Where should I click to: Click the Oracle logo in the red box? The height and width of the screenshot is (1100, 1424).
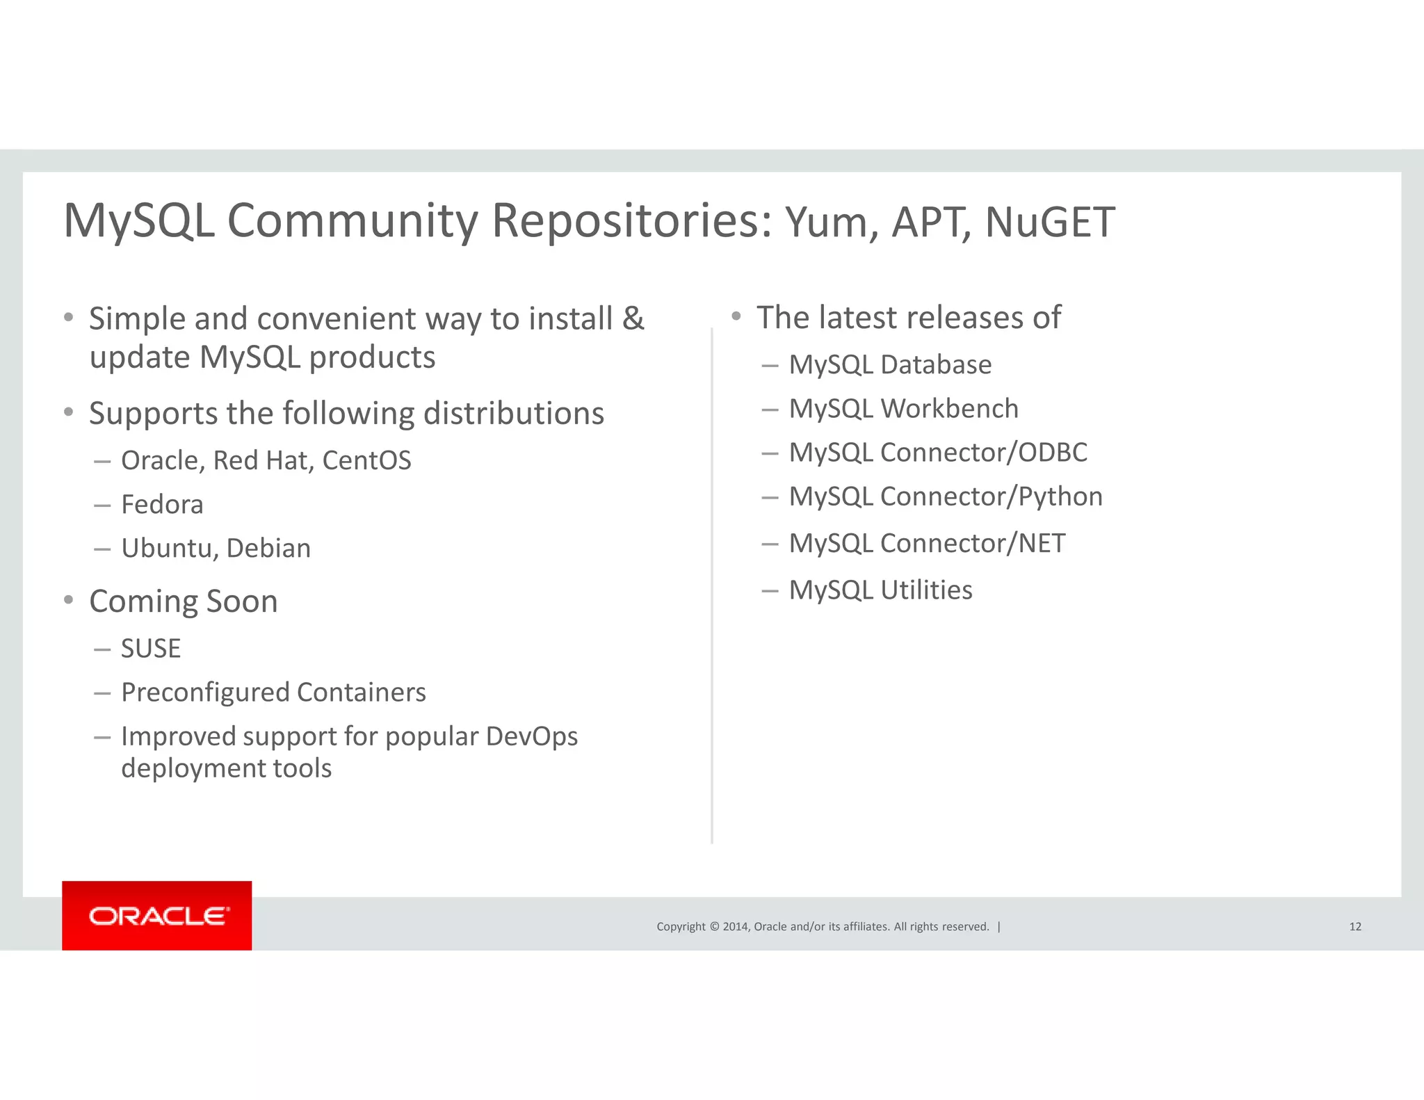point(158,916)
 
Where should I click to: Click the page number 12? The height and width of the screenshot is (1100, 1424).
point(1354,926)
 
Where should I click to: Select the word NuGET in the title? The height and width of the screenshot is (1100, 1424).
point(1049,223)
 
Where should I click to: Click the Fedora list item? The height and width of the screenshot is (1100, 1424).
point(162,504)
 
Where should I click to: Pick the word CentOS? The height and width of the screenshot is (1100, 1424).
point(366,460)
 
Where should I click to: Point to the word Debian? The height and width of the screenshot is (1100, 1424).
point(268,548)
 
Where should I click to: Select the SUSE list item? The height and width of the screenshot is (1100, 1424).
point(151,648)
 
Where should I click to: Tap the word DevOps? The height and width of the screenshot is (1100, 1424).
point(531,736)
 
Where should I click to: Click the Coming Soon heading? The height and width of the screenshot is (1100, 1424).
point(184,601)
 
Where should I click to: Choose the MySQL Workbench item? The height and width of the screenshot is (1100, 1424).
point(903,409)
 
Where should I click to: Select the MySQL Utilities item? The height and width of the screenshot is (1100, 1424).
point(880,590)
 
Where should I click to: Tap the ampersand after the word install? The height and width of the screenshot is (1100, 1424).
point(633,318)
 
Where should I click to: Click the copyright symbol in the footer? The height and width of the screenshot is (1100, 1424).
point(713,926)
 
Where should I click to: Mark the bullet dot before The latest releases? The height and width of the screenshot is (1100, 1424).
point(736,316)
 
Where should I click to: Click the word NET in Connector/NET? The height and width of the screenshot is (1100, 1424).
point(1041,543)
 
